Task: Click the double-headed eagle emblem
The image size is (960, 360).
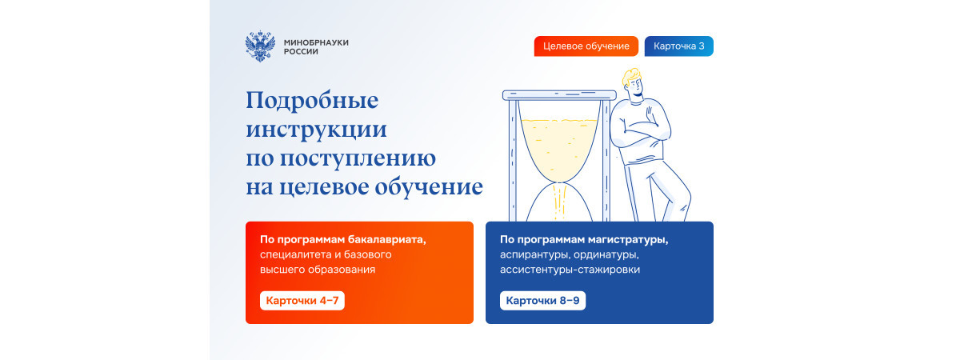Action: point(260,46)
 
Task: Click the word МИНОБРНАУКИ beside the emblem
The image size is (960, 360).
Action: point(316,42)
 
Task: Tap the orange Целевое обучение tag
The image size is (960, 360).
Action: point(586,46)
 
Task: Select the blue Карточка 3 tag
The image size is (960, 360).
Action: point(679,46)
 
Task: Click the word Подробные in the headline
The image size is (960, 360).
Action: point(312,101)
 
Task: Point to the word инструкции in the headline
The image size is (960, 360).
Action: point(316,130)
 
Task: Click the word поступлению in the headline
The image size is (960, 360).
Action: point(358,158)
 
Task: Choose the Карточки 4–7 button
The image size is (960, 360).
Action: point(302,301)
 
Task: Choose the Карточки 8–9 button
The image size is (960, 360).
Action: point(542,301)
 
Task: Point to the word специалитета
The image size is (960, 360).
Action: point(295,254)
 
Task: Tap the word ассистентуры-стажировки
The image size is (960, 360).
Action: point(570,270)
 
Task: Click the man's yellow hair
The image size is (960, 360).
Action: point(631,77)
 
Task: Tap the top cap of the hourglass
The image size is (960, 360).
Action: point(559,95)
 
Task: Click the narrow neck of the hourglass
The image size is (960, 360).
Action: point(559,183)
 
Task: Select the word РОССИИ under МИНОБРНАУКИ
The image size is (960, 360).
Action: point(301,51)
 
